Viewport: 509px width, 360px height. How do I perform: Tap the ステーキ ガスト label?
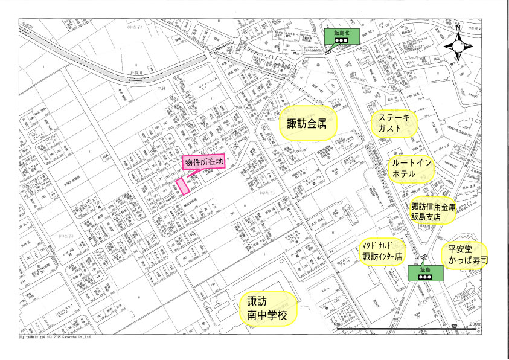pos(393,124)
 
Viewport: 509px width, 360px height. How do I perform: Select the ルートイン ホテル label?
pos(411,169)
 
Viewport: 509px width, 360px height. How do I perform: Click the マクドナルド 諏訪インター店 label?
pos(382,251)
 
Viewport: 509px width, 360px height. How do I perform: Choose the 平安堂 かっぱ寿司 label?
pos(467,256)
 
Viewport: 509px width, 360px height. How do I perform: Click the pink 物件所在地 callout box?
pos(204,161)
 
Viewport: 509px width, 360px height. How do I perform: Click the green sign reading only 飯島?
pos(424,272)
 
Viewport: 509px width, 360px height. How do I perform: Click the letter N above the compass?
pos(458,28)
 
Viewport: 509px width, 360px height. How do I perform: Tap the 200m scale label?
pos(475,324)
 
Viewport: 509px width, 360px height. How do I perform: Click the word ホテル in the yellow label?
pos(404,174)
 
